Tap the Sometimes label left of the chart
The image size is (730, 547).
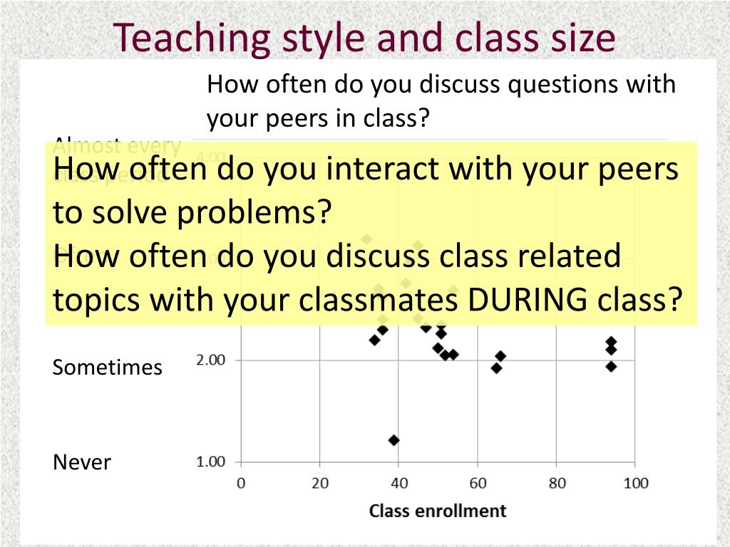(108, 368)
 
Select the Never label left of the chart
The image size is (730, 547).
(82, 462)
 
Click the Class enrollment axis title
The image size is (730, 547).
(437, 511)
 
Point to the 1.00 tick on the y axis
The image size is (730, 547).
(210, 462)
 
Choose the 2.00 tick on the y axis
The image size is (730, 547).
(210, 360)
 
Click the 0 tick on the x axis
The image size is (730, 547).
(241, 484)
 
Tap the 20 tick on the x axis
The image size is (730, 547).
(320, 484)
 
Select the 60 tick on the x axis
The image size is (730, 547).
(478, 484)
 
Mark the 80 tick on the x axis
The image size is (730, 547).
(557, 484)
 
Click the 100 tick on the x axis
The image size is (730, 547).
(636, 484)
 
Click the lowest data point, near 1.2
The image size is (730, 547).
(394, 440)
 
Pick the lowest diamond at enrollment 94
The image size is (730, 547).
(611, 366)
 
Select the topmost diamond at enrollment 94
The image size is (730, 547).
(611, 342)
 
